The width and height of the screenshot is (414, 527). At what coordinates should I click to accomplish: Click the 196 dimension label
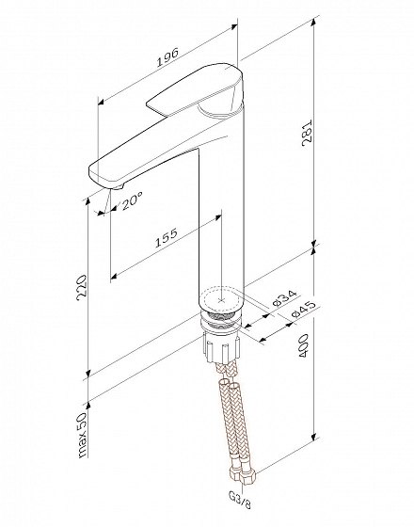pyautogui.click(x=167, y=57)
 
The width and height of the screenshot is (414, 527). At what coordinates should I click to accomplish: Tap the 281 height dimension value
pyautogui.click(x=307, y=133)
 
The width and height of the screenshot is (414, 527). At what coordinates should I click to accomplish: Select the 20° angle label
pyautogui.click(x=132, y=201)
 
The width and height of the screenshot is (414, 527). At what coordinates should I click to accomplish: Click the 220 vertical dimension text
pyautogui.click(x=82, y=288)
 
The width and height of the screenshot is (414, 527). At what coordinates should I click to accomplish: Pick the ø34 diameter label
pyautogui.click(x=284, y=298)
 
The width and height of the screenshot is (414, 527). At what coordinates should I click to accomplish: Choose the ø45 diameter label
pyautogui.click(x=303, y=310)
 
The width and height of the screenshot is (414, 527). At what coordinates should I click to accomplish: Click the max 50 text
pyautogui.click(x=82, y=435)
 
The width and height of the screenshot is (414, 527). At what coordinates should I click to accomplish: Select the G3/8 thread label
pyautogui.click(x=240, y=500)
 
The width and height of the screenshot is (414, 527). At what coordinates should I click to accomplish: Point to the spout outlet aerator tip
pyautogui.click(x=117, y=186)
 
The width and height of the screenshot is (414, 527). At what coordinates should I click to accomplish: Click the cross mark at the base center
pyautogui.click(x=221, y=299)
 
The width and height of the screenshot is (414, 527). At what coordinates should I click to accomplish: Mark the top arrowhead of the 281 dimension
pyautogui.click(x=314, y=21)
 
